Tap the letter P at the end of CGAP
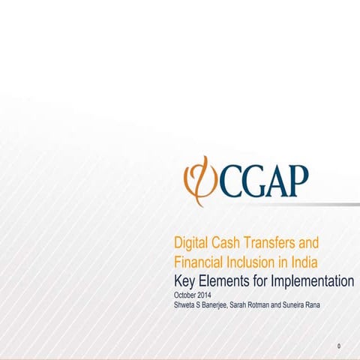pyautogui.click(x=297, y=180)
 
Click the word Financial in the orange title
pyautogui.click(x=199, y=262)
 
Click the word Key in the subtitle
pyautogui.click(x=185, y=282)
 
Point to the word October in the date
pyautogui.click(x=185, y=295)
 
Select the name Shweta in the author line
pyautogui.click(x=184, y=305)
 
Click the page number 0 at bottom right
pyautogui.click(x=339, y=346)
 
